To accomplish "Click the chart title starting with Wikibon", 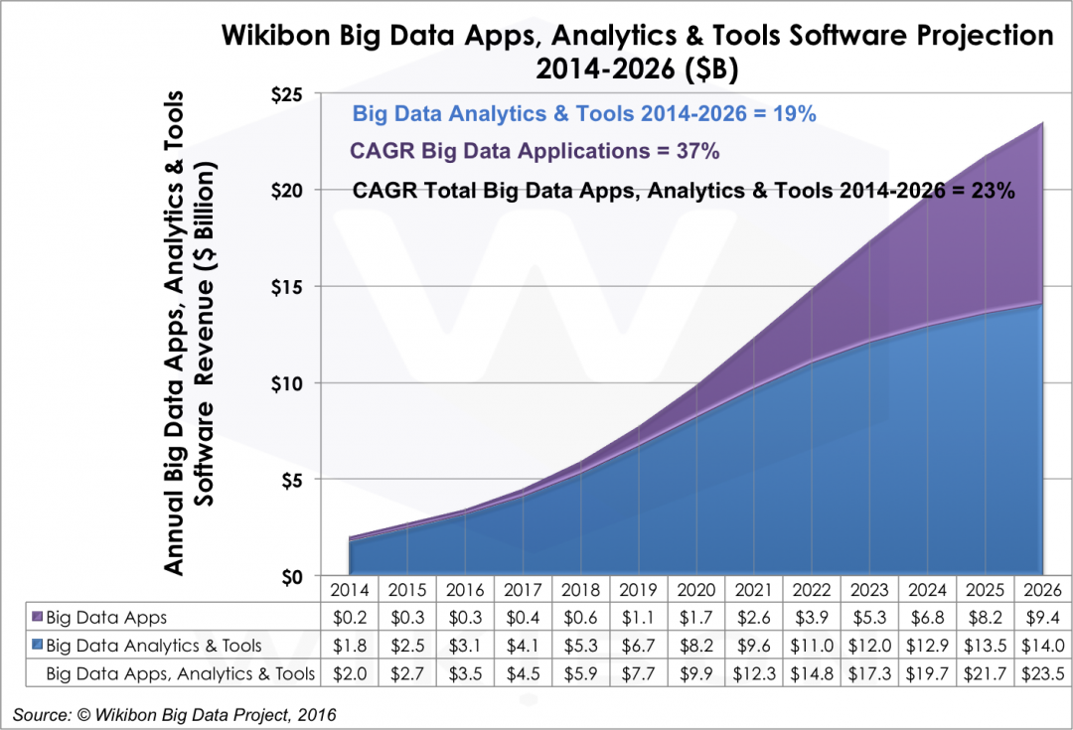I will point(636,50).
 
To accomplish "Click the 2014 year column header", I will point(347,589).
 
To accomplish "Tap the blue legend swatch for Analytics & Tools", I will point(36,646).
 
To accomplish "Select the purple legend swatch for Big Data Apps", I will point(36,617).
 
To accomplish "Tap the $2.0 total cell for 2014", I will point(347,673).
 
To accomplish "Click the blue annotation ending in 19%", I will point(584,113).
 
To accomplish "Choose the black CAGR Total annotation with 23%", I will point(684,191).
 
